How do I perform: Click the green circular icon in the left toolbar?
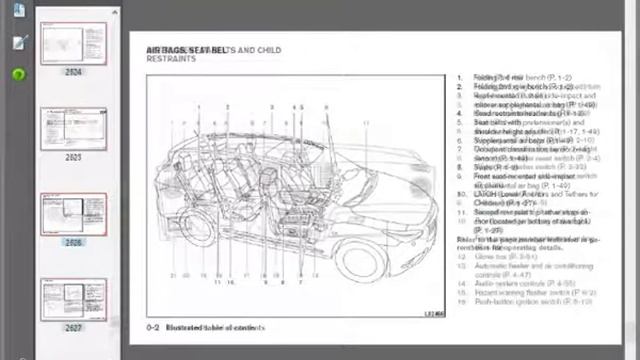pyautogui.click(x=18, y=74)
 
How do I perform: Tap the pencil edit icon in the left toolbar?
pyautogui.click(x=19, y=43)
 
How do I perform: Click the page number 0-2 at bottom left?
pyautogui.click(x=153, y=326)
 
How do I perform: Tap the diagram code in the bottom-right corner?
pyautogui.click(x=434, y=315)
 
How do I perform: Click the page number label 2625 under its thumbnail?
pyautogui.click(x=74, y=157)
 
